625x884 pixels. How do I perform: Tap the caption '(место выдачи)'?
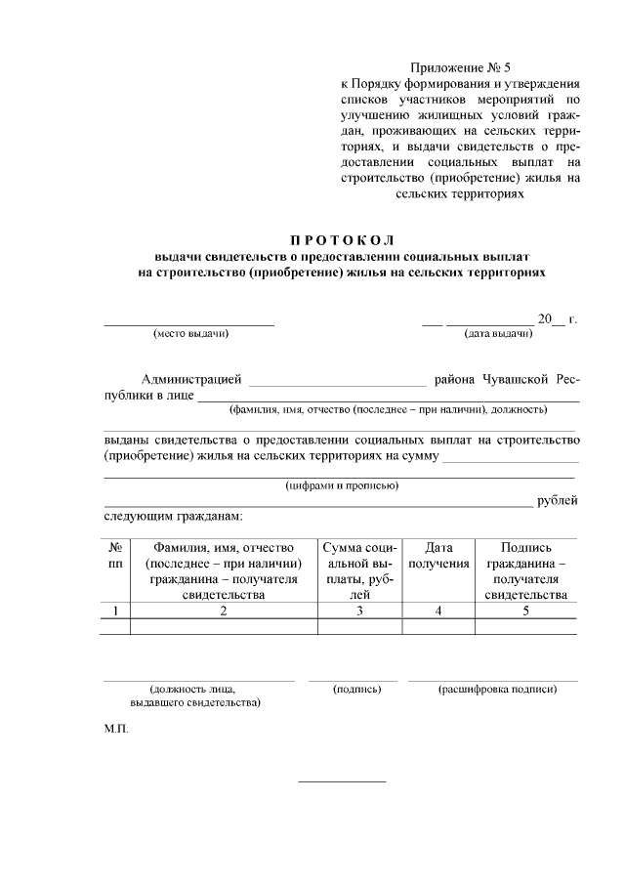coord(190,334)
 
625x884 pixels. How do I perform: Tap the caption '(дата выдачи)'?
coord(498,334)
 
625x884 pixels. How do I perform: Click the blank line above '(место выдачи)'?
coord(189,322)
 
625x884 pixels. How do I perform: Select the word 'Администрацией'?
coord(191,379)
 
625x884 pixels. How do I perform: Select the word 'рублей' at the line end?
coord(558,501)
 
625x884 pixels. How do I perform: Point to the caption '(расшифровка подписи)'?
coord(497,689)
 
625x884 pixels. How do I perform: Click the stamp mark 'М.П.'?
coord(115,730)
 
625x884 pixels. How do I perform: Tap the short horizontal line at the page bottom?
coord(341,781)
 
